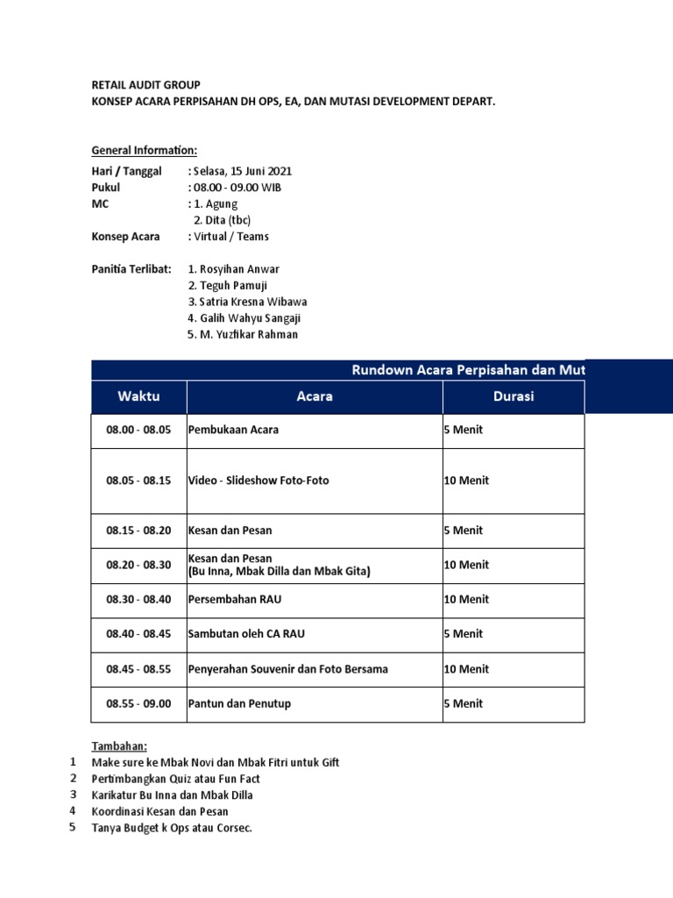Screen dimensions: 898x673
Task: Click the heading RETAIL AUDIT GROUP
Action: (x=146, y=85)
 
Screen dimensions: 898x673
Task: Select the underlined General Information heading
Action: (x=145, y=150)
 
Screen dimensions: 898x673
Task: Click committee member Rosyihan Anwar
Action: (x=234, y=269)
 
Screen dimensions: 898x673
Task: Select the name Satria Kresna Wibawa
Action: (x=248, y=303)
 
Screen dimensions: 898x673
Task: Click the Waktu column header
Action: (x=138, y=396)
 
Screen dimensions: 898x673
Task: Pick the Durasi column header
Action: (x=513, y=396)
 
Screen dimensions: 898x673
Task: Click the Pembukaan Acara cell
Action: (x=234, y=431)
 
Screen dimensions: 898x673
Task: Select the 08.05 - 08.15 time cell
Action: (x=138, y=481)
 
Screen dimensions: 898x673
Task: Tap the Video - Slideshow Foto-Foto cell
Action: (x=259, y=481)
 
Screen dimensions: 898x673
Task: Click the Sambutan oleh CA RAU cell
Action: (x=246, y=634)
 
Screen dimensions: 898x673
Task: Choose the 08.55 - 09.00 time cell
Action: (x=138, y=703)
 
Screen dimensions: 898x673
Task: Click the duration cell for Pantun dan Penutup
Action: (x=463, y=703)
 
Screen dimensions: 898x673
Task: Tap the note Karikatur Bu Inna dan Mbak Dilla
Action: (x=173, y=795)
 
